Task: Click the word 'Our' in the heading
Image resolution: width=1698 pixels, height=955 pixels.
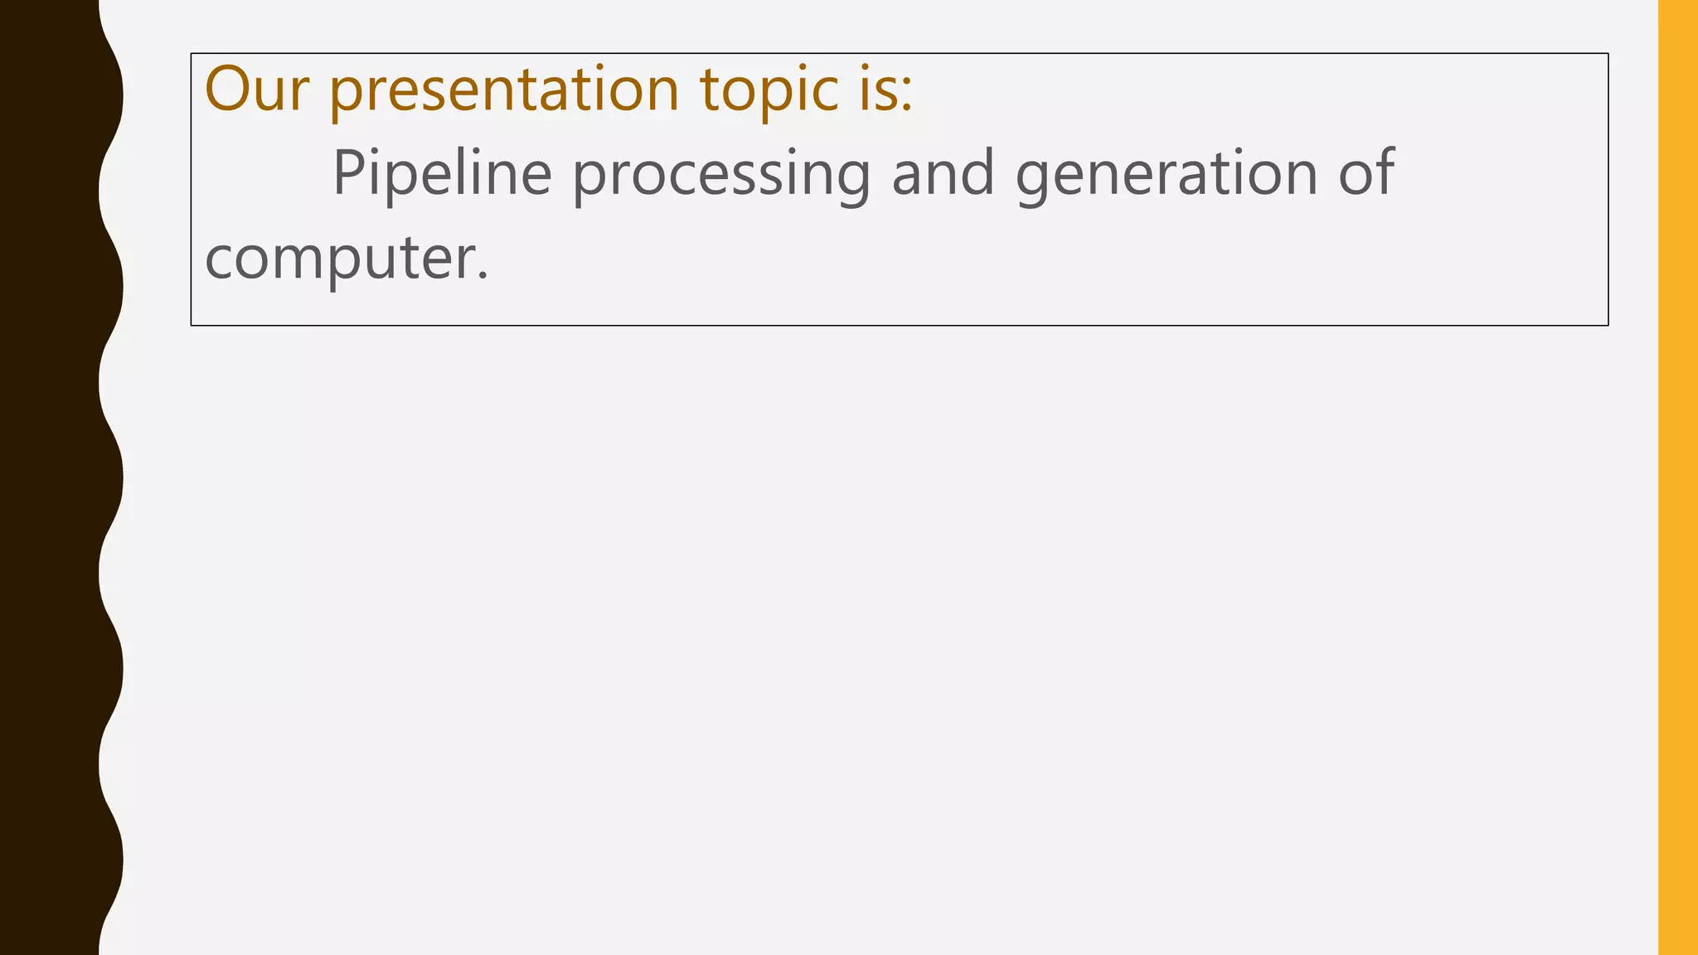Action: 256,89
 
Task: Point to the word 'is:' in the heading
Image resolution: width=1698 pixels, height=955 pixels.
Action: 885,89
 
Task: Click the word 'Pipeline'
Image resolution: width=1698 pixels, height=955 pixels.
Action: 442,174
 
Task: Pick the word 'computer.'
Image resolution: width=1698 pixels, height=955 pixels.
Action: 347,259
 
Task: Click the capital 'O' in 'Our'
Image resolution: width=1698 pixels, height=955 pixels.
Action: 228,89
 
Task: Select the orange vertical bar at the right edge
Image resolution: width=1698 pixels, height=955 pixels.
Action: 1677,477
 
